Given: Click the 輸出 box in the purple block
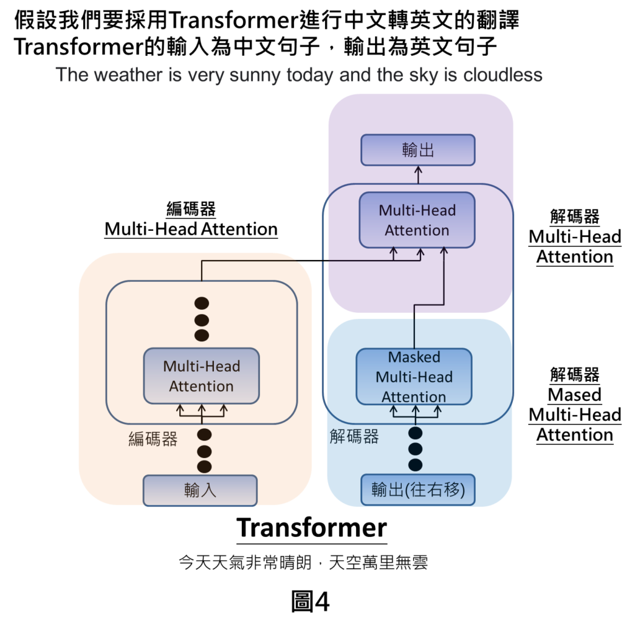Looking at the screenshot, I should click(418, 150).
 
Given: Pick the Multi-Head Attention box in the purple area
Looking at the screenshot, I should click(417, 220).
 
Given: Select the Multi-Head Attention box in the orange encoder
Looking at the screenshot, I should click(202, 376).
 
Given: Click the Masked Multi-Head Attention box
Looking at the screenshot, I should click(414, 377).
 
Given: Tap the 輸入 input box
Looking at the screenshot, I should click(200, 490).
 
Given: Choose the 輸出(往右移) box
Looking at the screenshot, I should click(418, 490).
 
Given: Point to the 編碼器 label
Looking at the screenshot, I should click(153, 439).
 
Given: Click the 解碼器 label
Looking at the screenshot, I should click(354, 437).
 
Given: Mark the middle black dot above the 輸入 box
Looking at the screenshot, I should click(204, 451).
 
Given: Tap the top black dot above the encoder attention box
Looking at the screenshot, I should click(202, 303).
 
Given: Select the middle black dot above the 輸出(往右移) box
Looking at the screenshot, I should click(415, 449).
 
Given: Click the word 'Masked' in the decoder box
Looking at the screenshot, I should click(414, 357).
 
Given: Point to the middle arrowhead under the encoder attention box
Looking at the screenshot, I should click(202, 409).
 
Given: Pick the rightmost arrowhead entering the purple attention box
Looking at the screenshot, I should click(443, 251).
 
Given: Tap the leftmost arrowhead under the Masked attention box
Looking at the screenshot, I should click(393, 409).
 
